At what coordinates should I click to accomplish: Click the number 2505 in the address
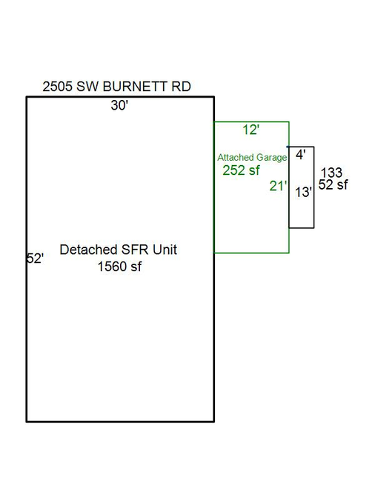(x=58, y=87)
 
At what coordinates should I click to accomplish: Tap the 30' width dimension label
(x=119, y=105)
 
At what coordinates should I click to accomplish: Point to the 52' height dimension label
(x=35, y=259)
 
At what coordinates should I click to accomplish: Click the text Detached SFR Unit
(x=118, y=250)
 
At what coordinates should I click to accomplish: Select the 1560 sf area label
(x=119, y=267)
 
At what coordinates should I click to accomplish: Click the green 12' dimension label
(x=250, y=130)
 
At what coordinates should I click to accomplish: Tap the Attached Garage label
(x=252, y=158)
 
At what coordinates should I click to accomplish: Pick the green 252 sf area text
(x=241, y=170)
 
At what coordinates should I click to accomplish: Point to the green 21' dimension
(x=278, y=186)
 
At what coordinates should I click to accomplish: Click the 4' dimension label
(x=301, y=155)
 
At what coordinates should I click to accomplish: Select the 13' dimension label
(x=303, y=192)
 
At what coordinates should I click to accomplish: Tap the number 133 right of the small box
(x=331, y=173)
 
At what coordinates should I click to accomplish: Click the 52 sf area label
(x=333, y=184)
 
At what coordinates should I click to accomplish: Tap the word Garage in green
(x=271, y=158)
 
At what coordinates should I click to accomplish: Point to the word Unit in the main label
(x=165, y=250)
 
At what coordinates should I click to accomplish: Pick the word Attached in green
(x=236, y=157)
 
